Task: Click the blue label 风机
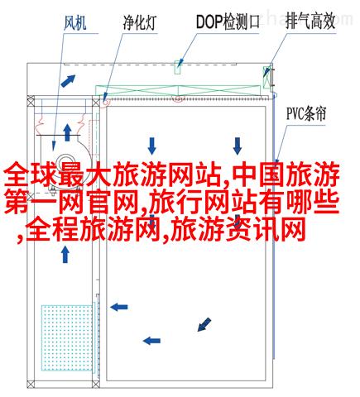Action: click(x=74, y=23)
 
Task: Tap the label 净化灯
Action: click(x=140, y=23)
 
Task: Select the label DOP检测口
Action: click(x=228, y=22)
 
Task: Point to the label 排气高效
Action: click(x=310, y=22)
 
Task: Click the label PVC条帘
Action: click(x=306, y=113)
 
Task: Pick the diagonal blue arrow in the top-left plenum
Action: click(x=68, y=81)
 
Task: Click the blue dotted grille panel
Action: click(x=67, y=337)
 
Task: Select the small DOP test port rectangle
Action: click(x=178, y=67)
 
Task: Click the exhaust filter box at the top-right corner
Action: click(x=267, y=76)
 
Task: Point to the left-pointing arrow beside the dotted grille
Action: click(x=119, y=307)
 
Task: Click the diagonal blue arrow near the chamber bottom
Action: click(x=204, y=324)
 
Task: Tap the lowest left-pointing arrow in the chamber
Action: click(x=151, y=341)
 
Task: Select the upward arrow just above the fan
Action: click(x=67, y=132)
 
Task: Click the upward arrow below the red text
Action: click(x=65, y=254)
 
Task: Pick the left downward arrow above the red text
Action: click(x=151, y=146)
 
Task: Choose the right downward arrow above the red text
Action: click(x=238, y=146)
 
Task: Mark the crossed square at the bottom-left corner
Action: click(x=31, y=384)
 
